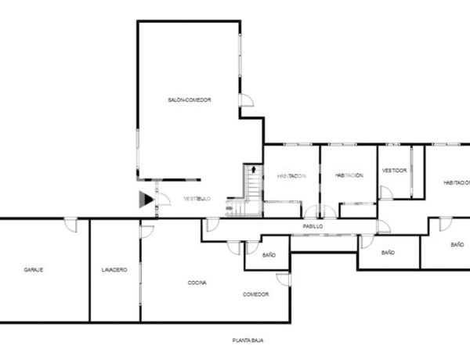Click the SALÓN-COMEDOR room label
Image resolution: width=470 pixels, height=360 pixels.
[190, 100]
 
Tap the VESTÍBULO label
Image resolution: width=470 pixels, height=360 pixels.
[197, 199]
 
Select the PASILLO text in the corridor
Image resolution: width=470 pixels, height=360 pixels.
[313, 226]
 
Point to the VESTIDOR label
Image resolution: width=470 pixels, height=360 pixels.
[394, 171]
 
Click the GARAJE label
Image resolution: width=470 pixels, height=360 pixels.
[34, 270]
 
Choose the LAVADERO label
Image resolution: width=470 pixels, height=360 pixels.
[114, 270]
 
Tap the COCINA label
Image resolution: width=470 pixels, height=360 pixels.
[197, 283]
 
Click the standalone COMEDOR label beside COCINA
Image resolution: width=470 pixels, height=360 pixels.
[255, 294]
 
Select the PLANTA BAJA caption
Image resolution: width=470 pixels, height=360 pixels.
[248, 341]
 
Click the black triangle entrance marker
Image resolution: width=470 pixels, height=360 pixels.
[146, 200]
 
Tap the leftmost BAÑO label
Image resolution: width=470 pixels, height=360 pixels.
[269, 254]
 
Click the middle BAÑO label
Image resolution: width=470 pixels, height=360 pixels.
[388, 253]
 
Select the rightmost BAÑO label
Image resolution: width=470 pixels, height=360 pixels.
[457, 245]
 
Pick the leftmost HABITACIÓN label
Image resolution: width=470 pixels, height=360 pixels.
[291, 176]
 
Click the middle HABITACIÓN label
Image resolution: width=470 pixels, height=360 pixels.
[349, 175]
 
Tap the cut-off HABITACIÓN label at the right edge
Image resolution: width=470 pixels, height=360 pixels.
[456, 182]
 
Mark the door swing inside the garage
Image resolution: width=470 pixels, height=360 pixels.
[71, 225]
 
